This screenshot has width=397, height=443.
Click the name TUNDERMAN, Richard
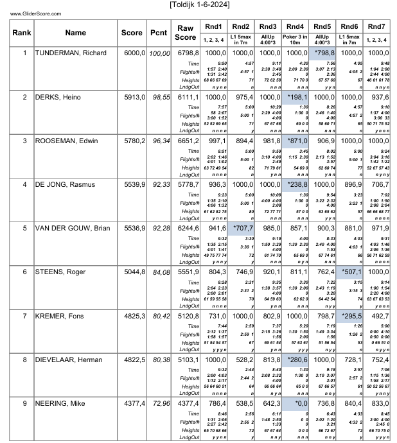coord(71,53)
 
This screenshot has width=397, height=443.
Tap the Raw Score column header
coord(186,33)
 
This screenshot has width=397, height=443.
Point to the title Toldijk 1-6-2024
coord(198,4)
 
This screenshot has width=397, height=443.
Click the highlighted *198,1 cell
coord(296,97)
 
